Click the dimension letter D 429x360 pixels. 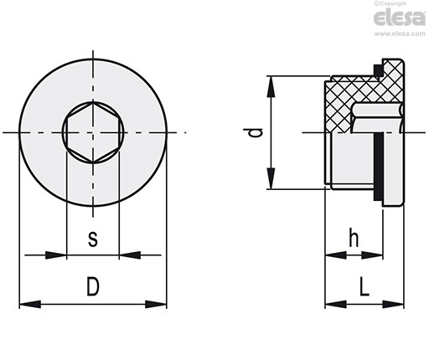point(93,286)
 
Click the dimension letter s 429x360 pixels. point(93,239)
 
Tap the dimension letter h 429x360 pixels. point(354,238)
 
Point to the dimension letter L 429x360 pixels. point(364,286)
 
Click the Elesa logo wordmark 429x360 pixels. point(400,18)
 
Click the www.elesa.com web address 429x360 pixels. point(400,33)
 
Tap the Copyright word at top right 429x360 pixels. point(393,3)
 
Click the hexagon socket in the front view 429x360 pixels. point(93,132)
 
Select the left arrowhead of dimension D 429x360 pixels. point(30,304)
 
